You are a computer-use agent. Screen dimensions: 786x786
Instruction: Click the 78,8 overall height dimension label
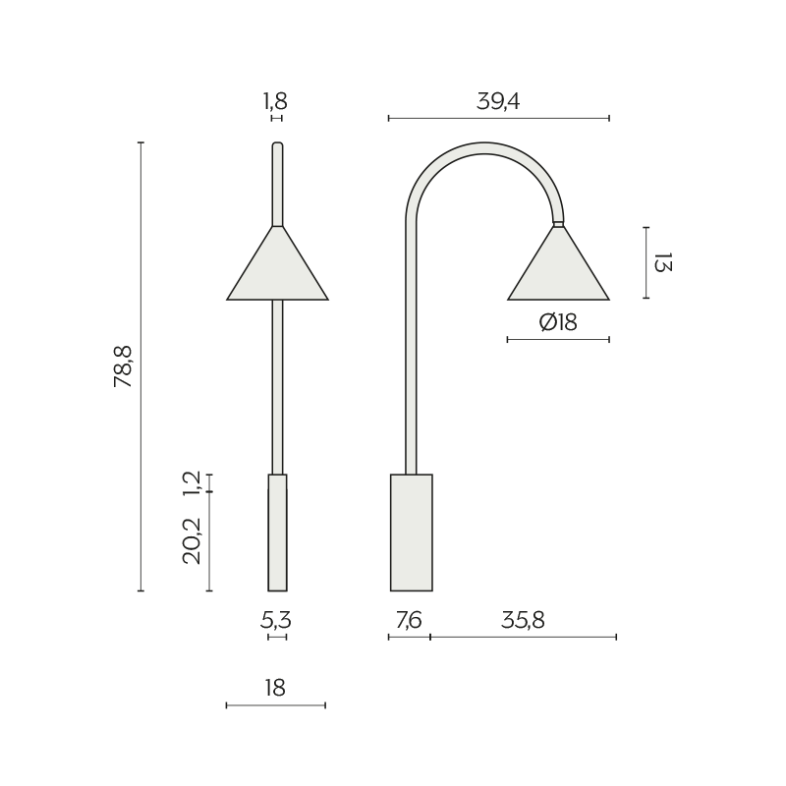click(x=123, y=366)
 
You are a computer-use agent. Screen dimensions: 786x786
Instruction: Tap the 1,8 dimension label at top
click(x=276, y=101)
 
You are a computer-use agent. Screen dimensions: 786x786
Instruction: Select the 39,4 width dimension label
click(x=498, y=101)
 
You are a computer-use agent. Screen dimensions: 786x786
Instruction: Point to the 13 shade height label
click(x=662, y=262)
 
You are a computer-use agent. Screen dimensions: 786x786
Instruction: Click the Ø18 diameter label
click(x=558, y=322)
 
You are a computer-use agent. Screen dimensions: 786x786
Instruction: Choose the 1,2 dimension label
click(x=193, y=481)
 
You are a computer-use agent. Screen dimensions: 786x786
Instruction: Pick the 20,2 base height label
click(x=193, y=540)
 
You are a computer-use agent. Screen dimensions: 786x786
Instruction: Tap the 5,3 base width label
click(x=276, y=620)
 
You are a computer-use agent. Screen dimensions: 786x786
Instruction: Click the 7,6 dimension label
click(x=409, y=620)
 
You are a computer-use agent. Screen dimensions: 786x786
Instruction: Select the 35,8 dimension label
click(x=523, y=620)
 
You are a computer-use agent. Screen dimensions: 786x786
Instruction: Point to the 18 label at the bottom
click(x=275, y=688)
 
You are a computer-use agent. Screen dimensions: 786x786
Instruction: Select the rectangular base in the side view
click(x=411, y=533)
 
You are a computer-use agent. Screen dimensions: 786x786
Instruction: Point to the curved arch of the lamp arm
click(x=484, y=148)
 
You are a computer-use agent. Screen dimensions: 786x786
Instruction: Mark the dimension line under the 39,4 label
click(x=498, y=118)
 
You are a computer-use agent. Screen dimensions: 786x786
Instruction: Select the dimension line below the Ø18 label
click(x=558, y=340)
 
